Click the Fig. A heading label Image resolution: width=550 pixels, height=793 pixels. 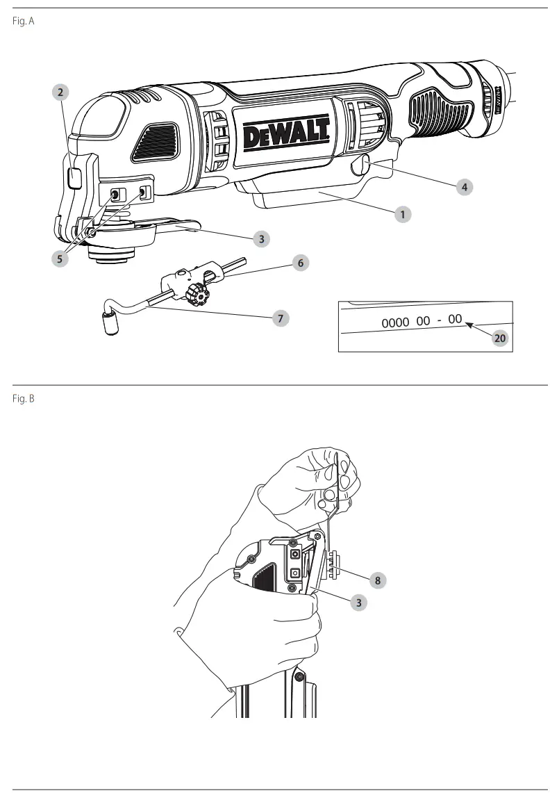point(23,22)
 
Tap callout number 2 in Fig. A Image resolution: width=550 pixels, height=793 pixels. point(61,91)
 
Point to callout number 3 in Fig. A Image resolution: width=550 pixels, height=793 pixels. point(260,238)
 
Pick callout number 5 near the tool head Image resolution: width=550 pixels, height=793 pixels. point(60,258)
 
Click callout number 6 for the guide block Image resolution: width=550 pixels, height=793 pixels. point(299,263)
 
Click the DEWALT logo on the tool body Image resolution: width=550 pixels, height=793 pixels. point(285,131)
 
